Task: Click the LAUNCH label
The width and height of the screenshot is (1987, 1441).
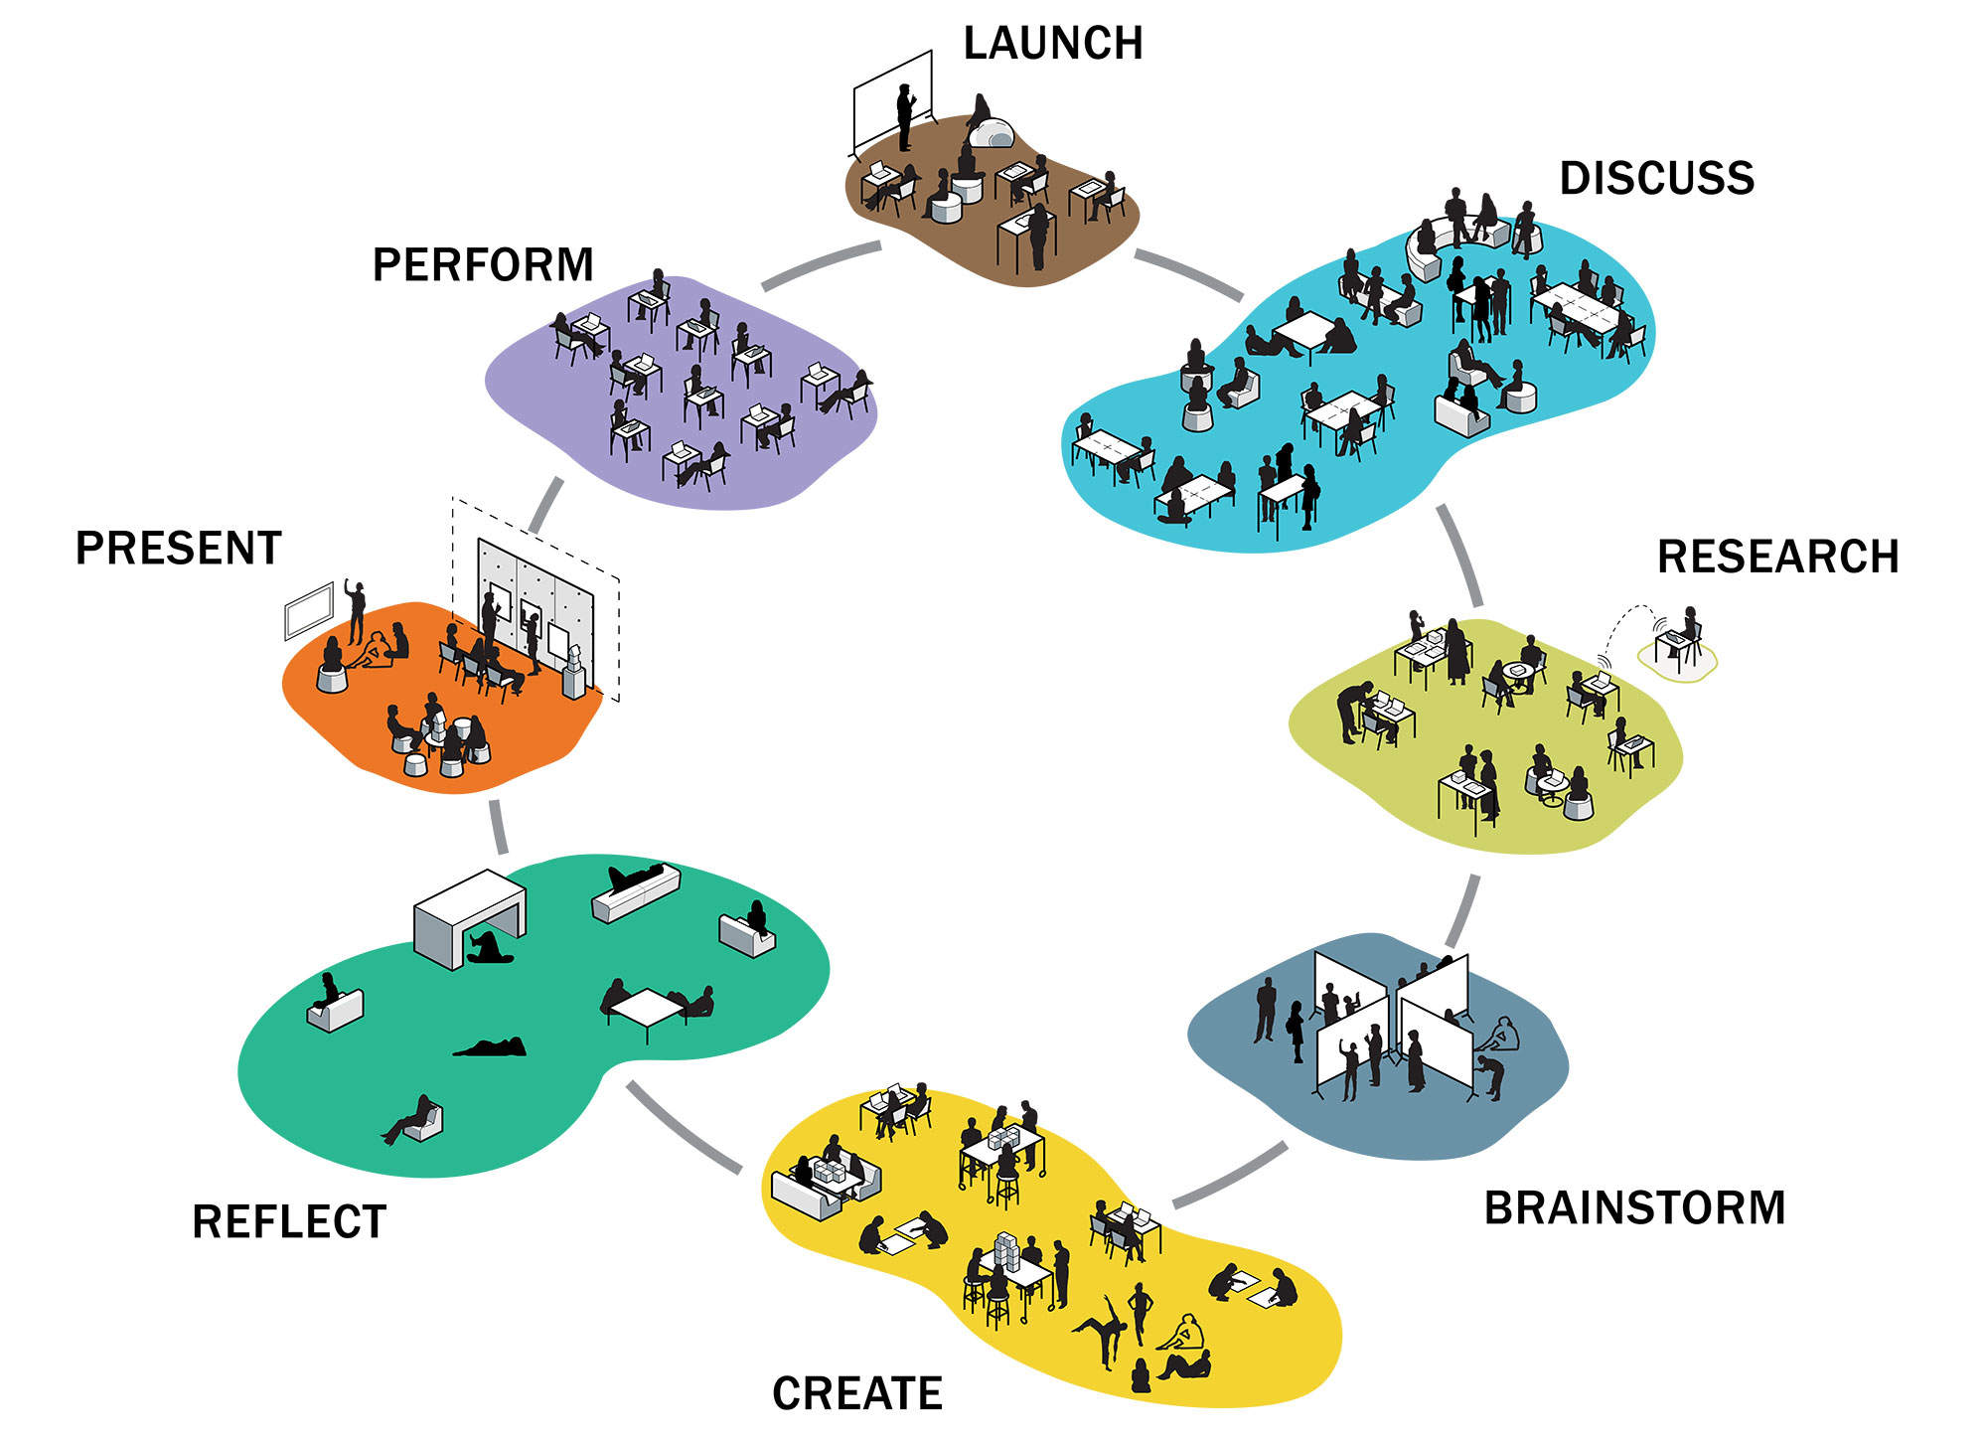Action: point(1053,44)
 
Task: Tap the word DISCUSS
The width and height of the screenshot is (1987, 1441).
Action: point(1657,179)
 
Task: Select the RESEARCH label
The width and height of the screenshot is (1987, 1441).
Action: point(1778,557)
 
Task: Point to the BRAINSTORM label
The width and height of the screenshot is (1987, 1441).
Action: point(1635,1208)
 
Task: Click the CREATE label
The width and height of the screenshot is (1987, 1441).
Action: point(857,1393)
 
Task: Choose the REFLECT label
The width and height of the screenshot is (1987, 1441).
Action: point(289,1221)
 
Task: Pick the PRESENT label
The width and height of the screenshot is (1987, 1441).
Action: point(179,549)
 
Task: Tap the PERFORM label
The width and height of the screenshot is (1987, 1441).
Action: point(483,265)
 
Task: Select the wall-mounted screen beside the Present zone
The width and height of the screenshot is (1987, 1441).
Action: point(309,610)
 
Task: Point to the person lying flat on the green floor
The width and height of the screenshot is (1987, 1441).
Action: point(490,1046)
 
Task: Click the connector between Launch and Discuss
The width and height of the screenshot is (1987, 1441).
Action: point(1189,274)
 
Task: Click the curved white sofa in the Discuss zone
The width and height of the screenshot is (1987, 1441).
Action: point(1431,248)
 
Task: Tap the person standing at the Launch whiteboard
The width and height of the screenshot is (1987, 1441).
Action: point(905,116)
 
